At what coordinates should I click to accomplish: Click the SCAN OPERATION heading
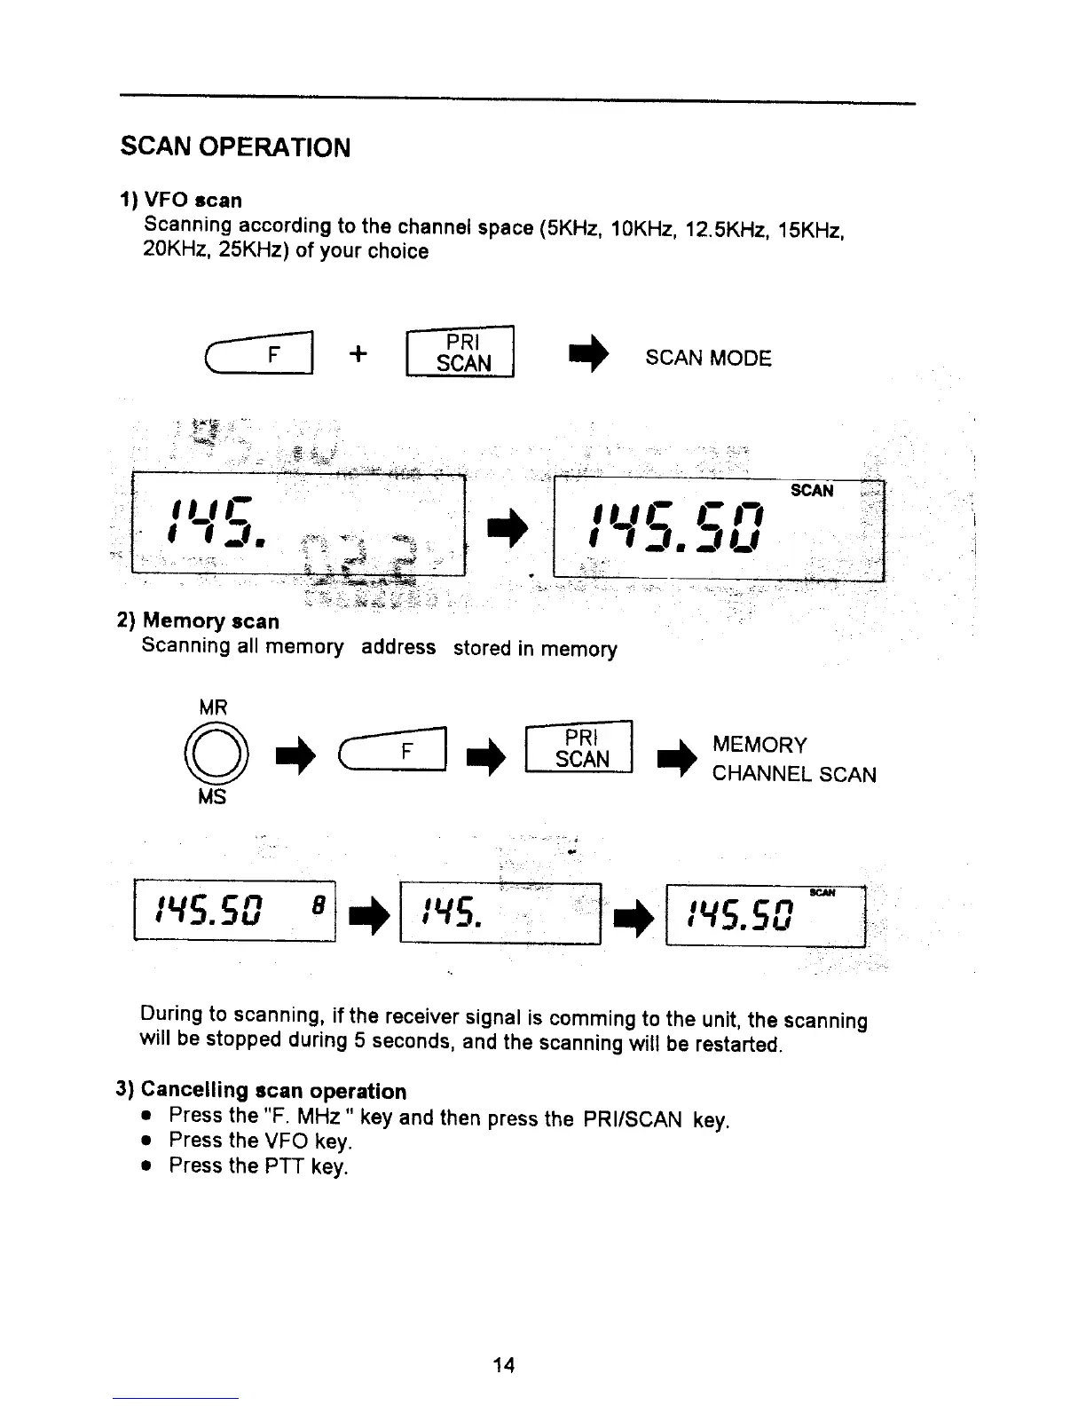point(235,146)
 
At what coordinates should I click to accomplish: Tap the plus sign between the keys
point(358,353)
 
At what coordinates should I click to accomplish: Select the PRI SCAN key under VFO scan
point(460,353)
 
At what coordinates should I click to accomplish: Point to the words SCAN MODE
point(708,358)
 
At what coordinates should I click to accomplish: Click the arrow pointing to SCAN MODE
point(588,354)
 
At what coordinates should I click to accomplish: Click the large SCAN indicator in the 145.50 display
point(812,491)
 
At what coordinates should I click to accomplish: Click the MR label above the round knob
point(213,707)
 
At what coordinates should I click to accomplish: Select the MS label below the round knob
point(212,797)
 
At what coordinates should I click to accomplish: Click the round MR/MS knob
point(214,754)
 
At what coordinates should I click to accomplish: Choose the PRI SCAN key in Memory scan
point(579,749)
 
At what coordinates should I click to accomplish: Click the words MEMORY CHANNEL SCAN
point(792,760)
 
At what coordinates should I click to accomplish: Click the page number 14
point(503,1365)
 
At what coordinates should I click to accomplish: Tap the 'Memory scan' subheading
point(210,620)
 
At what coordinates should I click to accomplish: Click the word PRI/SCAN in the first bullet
point(633,1119)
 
